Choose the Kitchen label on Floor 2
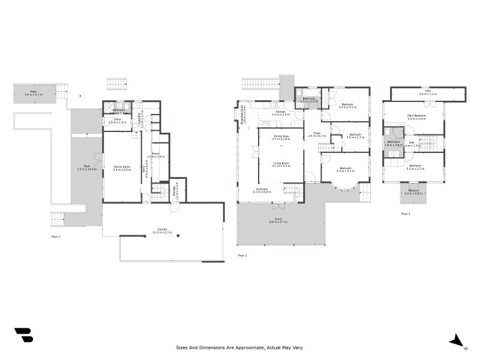tap(281, 113)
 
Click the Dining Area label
tap(281, 137)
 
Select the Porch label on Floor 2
tap(278, 221)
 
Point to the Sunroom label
tap(262, 190)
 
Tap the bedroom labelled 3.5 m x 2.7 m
tap(355, 136)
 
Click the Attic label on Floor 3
tap(428, 93)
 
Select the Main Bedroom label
tap(416, 117)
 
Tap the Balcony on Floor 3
tap(413, 192)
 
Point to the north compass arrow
tap(457, 341)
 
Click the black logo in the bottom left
tap(23, 335)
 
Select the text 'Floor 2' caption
tap(242, 256)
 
